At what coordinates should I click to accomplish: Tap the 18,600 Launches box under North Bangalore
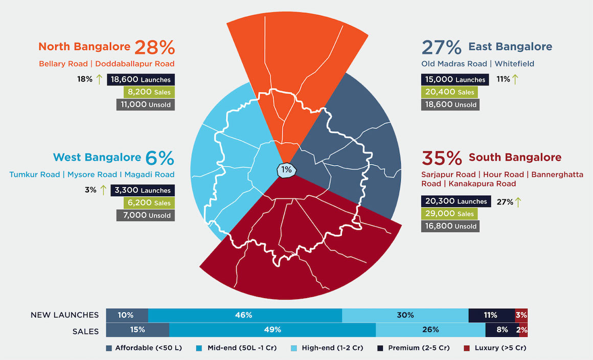141,80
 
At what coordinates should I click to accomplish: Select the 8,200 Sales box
148,92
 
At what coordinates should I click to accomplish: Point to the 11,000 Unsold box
145,105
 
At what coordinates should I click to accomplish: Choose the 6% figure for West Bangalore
159,158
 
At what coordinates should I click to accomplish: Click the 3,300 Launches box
143,190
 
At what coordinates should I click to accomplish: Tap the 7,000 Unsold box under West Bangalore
145,215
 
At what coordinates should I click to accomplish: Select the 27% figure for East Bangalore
442,47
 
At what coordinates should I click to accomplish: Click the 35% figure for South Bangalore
442,158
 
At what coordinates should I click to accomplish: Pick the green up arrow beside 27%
517,201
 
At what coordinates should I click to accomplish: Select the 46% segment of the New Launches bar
244,316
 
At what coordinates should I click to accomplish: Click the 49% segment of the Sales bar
272,330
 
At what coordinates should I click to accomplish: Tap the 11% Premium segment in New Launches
491,316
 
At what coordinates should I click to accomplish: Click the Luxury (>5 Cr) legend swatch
466,348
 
